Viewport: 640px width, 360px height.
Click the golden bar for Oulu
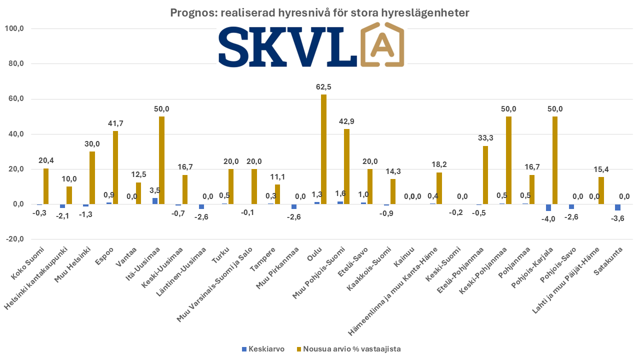coord(324,149)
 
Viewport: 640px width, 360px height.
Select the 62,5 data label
coord(323,87)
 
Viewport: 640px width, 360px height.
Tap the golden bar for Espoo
coord(115,167)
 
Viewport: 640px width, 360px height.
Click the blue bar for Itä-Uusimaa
coord(155,201)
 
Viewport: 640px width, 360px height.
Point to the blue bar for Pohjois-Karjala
coord(548,207)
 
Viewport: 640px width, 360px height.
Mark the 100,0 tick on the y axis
coord(14,29)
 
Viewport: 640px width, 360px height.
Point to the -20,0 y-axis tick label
coord(14,239)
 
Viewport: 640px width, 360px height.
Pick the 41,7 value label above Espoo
coord(115,123)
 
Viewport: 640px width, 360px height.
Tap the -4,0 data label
coord(548,218)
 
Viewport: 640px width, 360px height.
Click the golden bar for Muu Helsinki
coord(92,177)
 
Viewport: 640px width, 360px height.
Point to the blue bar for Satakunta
coord(617,207)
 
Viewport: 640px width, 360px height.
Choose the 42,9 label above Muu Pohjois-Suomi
coord(346,122)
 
